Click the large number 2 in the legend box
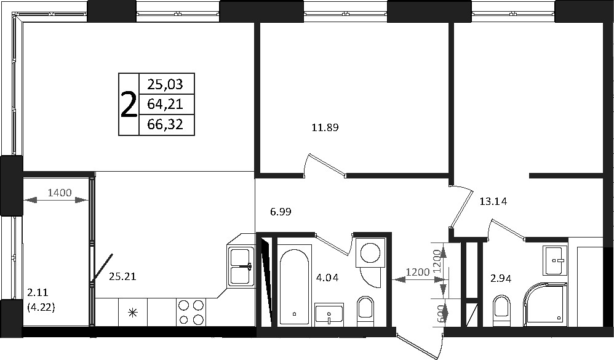point(129,105)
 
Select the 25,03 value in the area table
point(165,84)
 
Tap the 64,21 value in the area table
point(165,104)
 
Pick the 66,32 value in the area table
point(165,124)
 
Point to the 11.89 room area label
point(325,127)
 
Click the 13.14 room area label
point(493,201)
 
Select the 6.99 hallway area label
point(281,212)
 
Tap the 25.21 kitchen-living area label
point(122,276)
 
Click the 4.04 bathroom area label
point(327,278)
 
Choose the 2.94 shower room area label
point(501,279)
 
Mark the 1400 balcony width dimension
point(60,193)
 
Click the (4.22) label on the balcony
point(41,308)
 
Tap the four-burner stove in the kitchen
point(192,312)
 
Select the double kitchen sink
point(241,266)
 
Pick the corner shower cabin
point(546,304)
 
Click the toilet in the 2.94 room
point(501,310)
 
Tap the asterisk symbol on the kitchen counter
point(133,312)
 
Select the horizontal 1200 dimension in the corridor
point(418,279)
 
